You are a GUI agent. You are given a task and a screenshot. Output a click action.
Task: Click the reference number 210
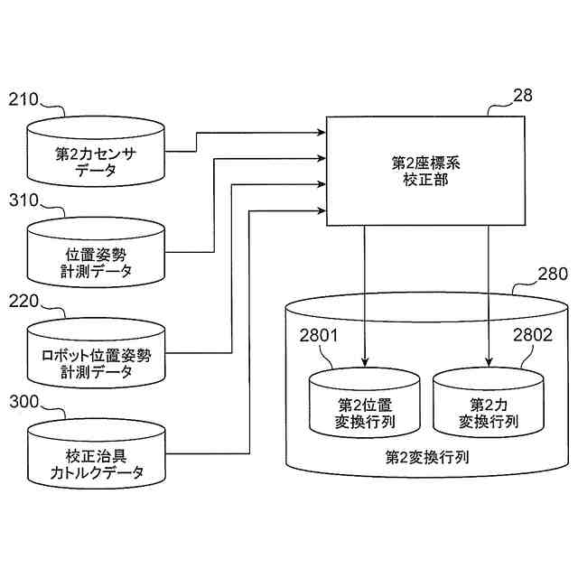pyautogui.click(x=23, y=99)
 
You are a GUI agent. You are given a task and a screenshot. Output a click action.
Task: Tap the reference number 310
pyautogui.click(x=24, y=200)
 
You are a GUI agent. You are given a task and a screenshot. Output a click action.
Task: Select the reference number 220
pyautogui.click(x=24, y=302)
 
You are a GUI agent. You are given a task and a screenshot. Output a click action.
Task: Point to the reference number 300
pyautogui.click(x=24, y=402)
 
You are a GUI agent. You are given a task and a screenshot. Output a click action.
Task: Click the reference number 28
pyautogui.click(x=523, y=96)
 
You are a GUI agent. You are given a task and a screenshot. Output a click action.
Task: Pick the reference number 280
pyautogui.click(x=553, y=274)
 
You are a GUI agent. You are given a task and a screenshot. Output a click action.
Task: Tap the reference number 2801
pyautogui.click(x=319, y=335)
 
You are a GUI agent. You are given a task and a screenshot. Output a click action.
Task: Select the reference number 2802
pyautogui.click(x=533, y=335)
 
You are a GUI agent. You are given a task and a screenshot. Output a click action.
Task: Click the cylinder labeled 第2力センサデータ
pyautogui.click(x=96, y=151)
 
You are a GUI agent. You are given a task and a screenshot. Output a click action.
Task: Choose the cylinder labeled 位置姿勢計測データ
pyautogui.click(x=96, y=252)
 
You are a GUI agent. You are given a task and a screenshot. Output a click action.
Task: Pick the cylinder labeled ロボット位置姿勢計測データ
pyautogui.click(x=97, y=353)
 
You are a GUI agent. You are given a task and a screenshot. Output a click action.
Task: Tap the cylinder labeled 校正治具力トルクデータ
pyautogui.click(x=97, y=454)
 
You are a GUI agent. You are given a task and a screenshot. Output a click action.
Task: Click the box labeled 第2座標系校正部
pyautogui.click(x=425, y=171)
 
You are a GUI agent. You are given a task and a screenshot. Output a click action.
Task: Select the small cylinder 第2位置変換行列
pyautogui.click(x=365, y=403)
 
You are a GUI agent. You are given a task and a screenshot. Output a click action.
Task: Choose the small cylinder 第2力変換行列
pyautogui.click(x=489, y=403)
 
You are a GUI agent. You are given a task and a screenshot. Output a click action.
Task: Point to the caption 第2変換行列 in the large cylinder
pyautogui.click(x=427, y=458)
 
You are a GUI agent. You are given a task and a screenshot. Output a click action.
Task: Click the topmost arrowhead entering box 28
pyautogui.click(x=322, y=133)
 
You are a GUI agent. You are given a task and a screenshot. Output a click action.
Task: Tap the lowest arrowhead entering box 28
pyautogui.click(x=322, y=210)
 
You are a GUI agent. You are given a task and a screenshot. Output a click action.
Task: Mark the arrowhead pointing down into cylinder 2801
pyautogui.click(x=365, y=363)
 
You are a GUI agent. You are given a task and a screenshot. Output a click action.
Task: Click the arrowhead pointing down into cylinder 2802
pyautogui.click(x=489, y=363)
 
